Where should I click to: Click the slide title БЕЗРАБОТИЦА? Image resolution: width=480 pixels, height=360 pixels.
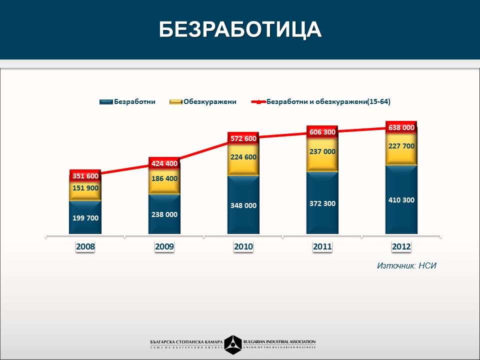pos(240,30)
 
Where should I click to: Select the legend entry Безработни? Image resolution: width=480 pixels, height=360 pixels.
pos(128,101)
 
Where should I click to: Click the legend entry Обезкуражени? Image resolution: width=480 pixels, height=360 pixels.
pos(203,101)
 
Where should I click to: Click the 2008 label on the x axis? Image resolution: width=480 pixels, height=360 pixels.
pos(85,246)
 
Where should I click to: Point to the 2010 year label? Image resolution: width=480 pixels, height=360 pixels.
pos(243,246)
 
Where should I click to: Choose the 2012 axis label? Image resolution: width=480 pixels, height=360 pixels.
pos(401,246)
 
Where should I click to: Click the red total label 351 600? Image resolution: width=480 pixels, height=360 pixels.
pos(85,176)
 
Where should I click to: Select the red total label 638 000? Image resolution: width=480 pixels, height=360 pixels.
pos(401,127)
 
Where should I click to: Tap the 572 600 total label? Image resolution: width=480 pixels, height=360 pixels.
pos(243,138)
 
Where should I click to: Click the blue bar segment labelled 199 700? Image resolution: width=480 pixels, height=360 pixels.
pos(85,218)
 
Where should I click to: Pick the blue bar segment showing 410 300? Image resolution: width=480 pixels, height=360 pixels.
pos(401,200)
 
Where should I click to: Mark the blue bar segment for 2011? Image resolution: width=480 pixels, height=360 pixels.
pos(322,203)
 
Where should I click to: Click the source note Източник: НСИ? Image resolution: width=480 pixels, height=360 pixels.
pos(406,265)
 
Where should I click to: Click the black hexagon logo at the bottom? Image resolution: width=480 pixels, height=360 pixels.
pos(233,344)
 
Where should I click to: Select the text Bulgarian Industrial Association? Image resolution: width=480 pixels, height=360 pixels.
pos(279,342)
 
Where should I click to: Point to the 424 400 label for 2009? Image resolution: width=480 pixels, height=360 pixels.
pos(164,163)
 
